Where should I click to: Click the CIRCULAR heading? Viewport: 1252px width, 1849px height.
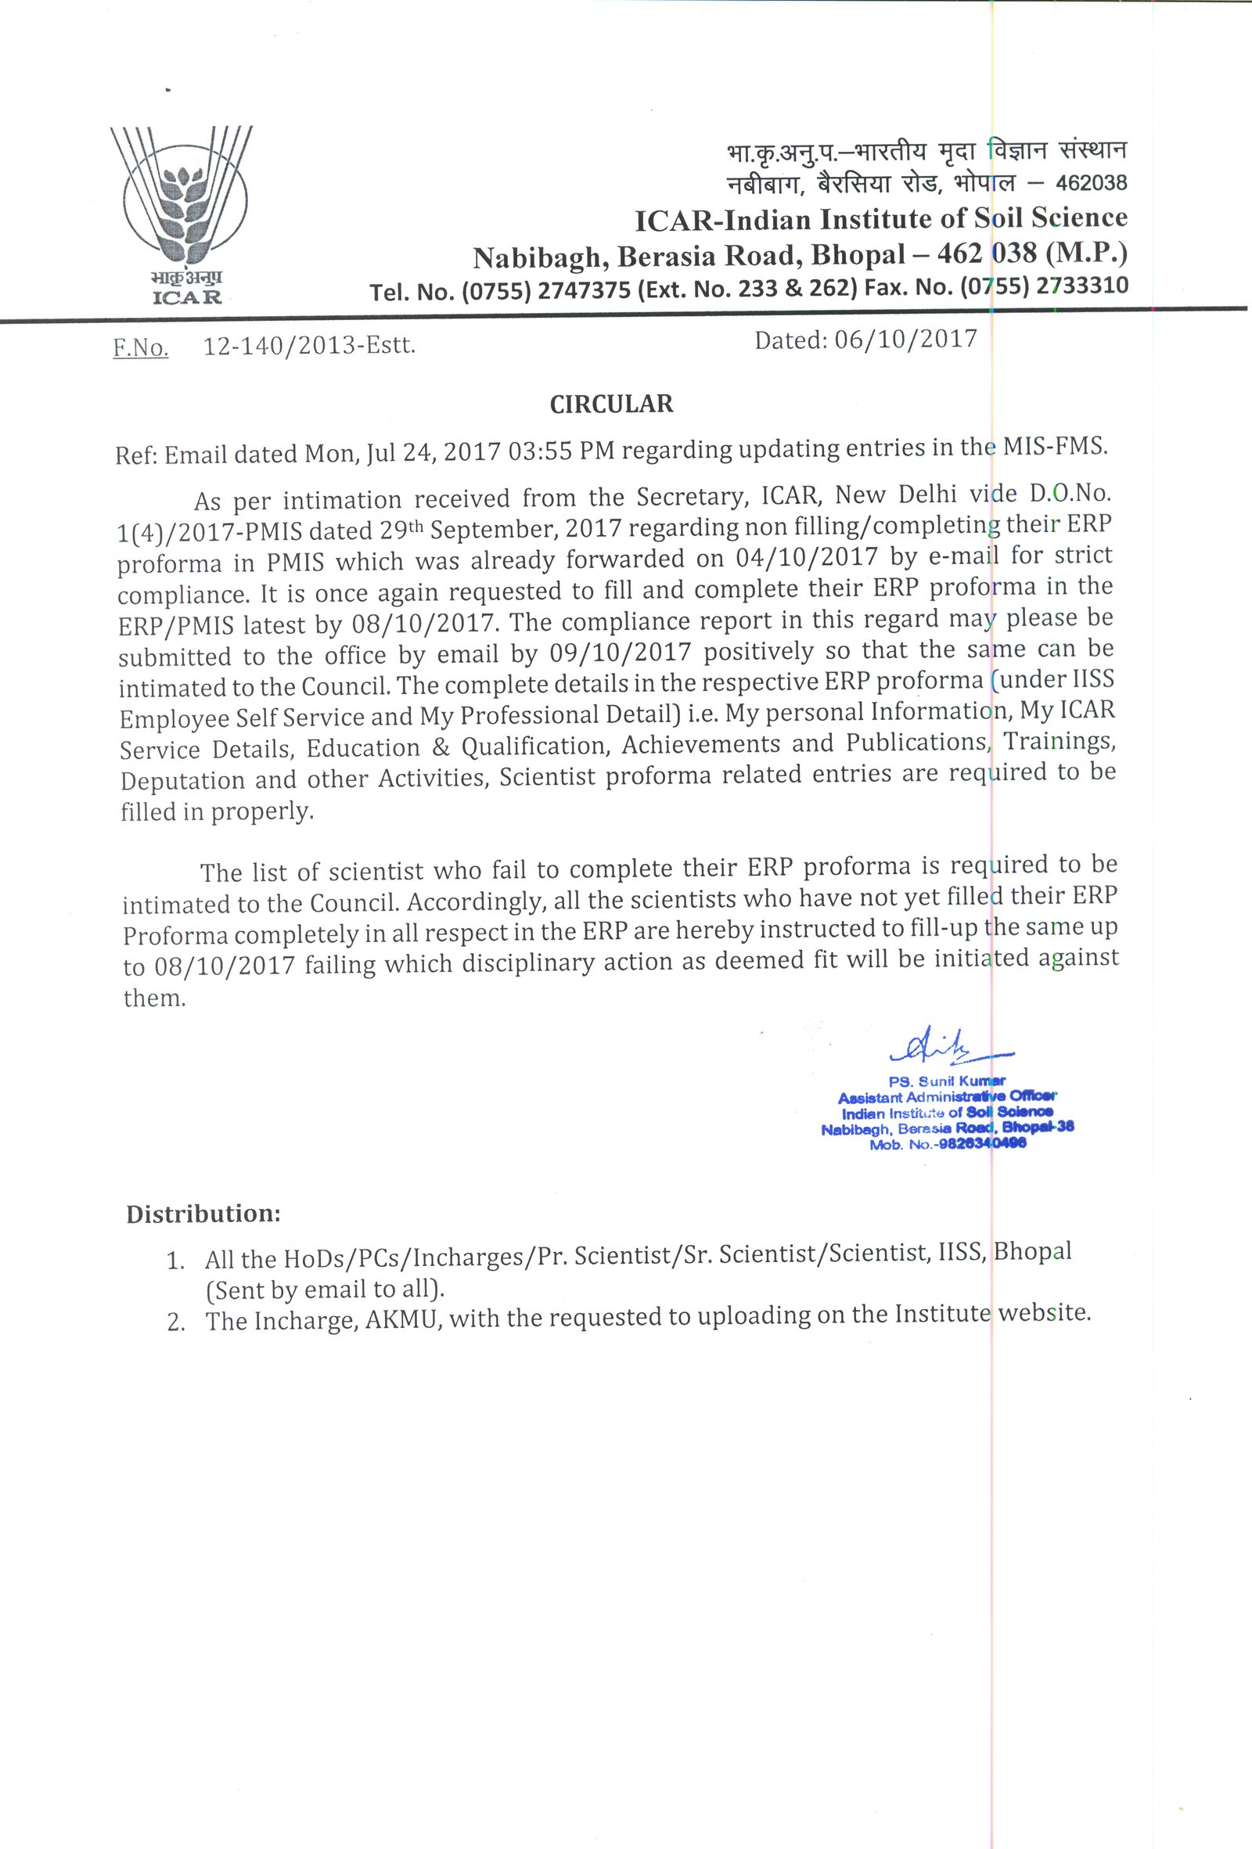click(x=612, y=405)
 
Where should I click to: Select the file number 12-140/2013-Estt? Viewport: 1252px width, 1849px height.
click(x=309, y=347)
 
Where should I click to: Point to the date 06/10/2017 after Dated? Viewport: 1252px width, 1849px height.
click(x=905, y=340)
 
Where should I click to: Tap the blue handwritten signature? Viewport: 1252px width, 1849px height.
click(x=948, y=1047)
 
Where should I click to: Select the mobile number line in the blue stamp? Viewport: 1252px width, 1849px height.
click(x=948, y=1143)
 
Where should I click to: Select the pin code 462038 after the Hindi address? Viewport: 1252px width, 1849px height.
click(x=1091, y=184)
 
